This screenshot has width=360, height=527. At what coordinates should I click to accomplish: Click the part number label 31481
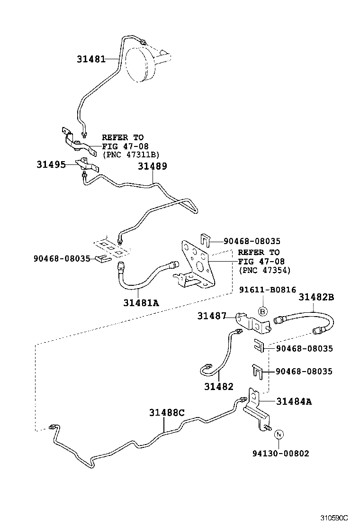tap(91, 59)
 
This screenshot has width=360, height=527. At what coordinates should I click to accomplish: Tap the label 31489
tap(153, 167)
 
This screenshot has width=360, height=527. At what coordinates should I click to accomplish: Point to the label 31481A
tap(141, 302)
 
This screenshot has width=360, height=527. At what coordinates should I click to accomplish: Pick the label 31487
tap(212, 316)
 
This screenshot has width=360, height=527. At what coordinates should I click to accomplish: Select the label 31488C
tap(167, 412)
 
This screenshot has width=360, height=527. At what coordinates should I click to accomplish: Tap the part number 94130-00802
tap(281, 454)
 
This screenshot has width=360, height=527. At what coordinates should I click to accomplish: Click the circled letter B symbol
tap(263, 311)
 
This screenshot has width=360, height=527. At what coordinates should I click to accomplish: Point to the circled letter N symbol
tap(279, 434)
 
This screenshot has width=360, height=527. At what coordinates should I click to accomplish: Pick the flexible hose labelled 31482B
tap(303, 318)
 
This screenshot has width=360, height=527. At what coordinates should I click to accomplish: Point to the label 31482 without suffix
tap(219, 386)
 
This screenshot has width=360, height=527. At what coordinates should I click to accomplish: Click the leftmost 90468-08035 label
tap(62, 259)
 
